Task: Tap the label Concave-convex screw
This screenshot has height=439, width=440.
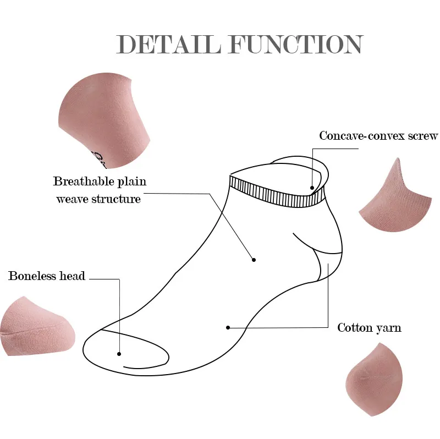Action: click(x=378, y=135)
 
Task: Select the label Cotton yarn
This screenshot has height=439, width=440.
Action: click(x=369, y=328)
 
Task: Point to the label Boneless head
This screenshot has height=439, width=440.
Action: click(x=47, y=276)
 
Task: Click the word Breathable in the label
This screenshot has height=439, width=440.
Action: click(x=84, y=181)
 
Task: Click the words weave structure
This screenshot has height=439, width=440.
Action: click(x=98, y=199)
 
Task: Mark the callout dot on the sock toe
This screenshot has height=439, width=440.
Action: click(x=119, y=354)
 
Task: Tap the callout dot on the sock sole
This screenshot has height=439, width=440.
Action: click(x=228, y=328)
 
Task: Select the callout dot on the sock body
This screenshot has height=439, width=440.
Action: click(x=254, y=260)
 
